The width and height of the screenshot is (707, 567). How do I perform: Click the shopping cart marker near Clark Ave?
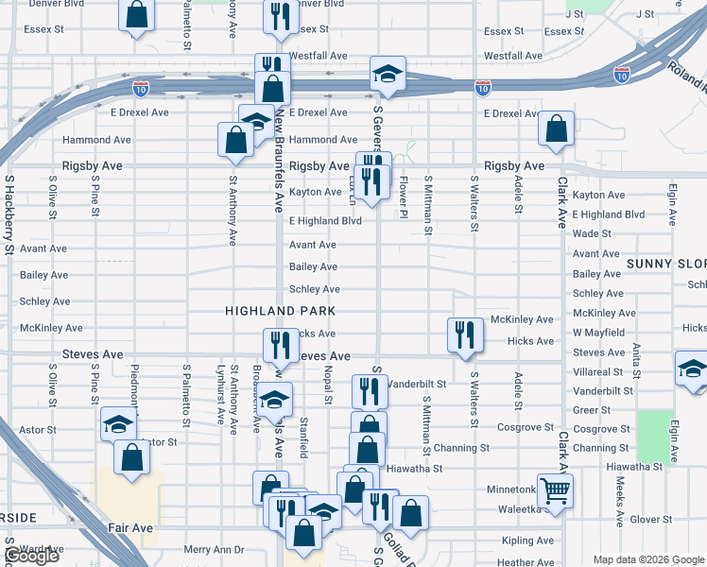point(555,490)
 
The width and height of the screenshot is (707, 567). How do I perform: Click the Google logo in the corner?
point(31,557)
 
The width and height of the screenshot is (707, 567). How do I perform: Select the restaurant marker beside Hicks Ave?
point(465,335)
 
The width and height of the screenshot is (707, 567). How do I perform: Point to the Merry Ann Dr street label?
point(214,549)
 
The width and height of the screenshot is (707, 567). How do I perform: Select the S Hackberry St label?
point(9,213)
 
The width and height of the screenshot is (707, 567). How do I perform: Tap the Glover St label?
point(650,519)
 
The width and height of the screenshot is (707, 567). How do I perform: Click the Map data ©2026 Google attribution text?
point(647,559)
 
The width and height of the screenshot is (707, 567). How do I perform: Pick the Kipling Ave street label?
point(529,541)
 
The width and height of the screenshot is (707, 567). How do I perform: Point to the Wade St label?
point(592,233)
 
